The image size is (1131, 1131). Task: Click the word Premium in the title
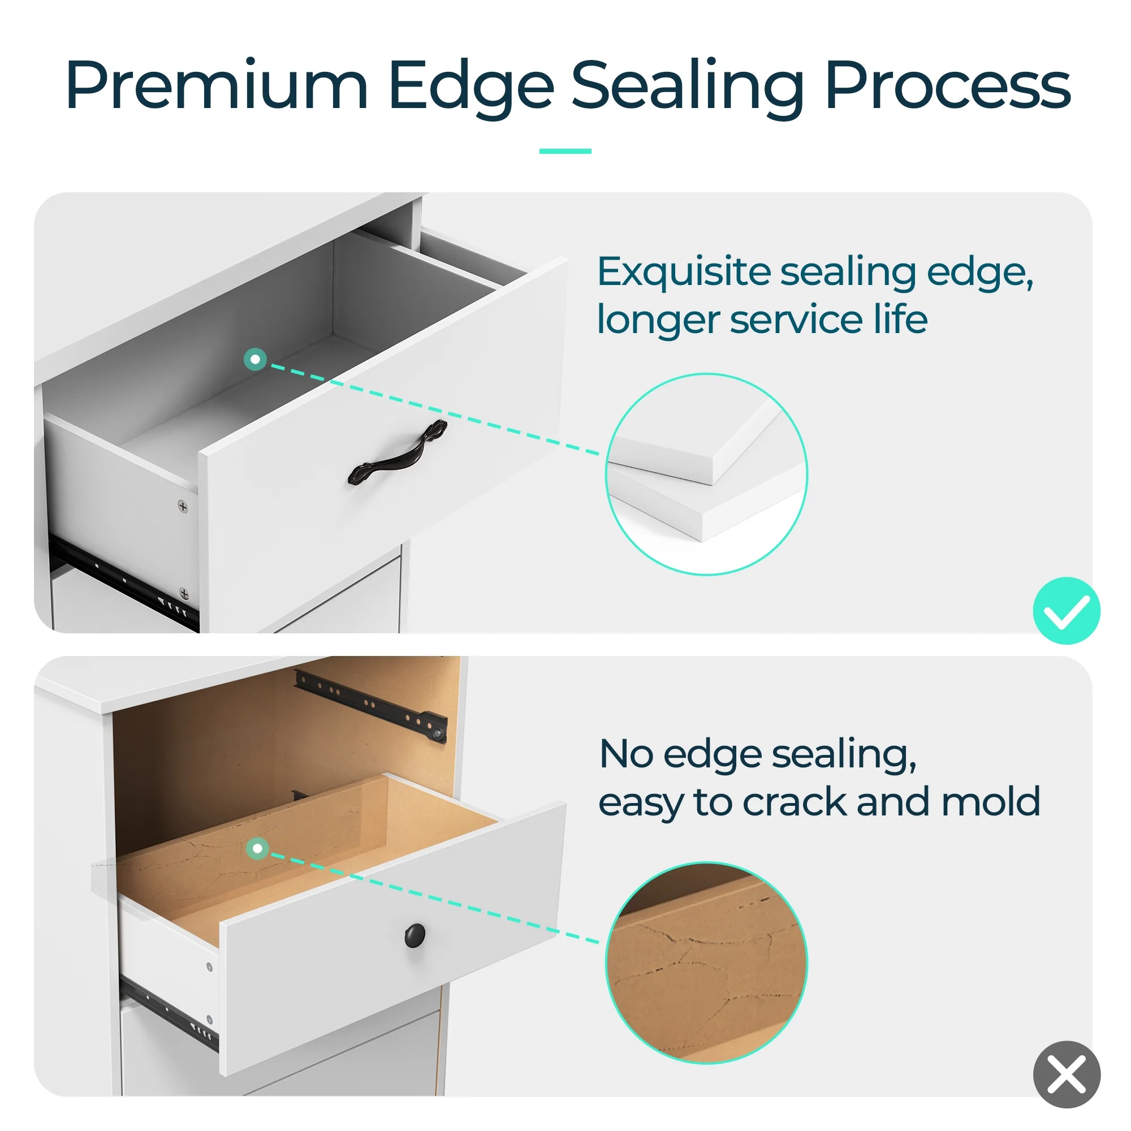pos(217,85)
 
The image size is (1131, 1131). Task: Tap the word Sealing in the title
pos(688,88)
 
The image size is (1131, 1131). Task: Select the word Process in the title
pos(948,85)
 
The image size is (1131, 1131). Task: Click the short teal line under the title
pos(565,151)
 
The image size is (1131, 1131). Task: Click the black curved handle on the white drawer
pos(398,453)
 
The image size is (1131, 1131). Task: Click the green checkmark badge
pos(1066,611)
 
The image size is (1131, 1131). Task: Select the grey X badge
pos(1066,1074)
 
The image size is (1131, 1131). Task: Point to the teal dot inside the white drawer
pos(255,359)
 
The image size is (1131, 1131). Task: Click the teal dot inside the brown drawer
pos(257,848)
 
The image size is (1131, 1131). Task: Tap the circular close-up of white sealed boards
pos(706,474)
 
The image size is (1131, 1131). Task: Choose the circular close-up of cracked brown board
pos(706,963)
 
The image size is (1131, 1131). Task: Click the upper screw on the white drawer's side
pos(183,506)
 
